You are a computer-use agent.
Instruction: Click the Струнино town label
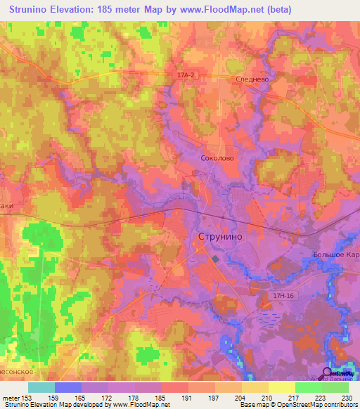pos(221,237)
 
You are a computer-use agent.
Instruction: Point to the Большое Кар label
pos(336,254)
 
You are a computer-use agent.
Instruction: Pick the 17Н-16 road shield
pos(283,297)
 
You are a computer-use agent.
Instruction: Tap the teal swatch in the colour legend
pos(41,387)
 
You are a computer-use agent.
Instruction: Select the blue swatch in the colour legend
pos(68,387)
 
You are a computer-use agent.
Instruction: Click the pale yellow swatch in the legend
pos(281,387)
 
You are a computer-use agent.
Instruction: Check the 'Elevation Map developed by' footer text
pos(75,405)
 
